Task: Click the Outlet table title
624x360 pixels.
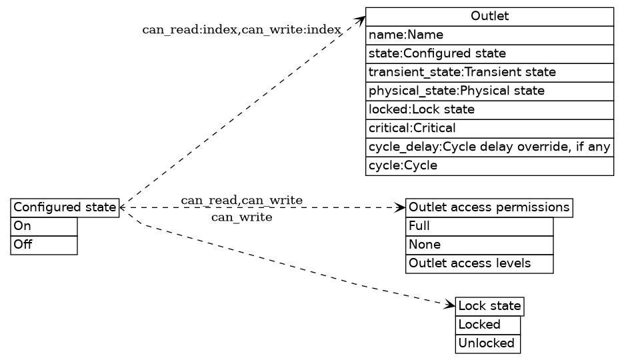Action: click(489, 17)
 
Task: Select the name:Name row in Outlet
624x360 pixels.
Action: click(489, 35)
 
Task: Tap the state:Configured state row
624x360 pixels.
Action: click(489, 53)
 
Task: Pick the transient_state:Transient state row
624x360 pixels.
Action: click(489, 72)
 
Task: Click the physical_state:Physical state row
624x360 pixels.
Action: click(489, 91)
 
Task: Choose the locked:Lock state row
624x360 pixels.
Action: click(489, 109)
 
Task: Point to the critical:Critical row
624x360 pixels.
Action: click(489, 128)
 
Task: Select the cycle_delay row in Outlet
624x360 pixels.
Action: click(489, 147)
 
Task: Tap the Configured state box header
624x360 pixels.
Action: click(65, 207)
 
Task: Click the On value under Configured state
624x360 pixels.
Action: click(44, 226)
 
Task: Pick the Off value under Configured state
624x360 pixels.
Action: click(44, 245)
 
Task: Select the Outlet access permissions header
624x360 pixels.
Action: click(489, 207)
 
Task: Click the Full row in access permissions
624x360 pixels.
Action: click(479, 226)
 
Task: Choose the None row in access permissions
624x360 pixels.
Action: click(479, 245)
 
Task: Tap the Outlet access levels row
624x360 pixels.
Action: click(479, 264)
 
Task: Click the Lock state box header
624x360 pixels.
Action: click(489, 306)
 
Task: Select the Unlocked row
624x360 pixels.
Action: click(487, 344)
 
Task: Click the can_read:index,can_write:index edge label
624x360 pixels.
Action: click(241, 30)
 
